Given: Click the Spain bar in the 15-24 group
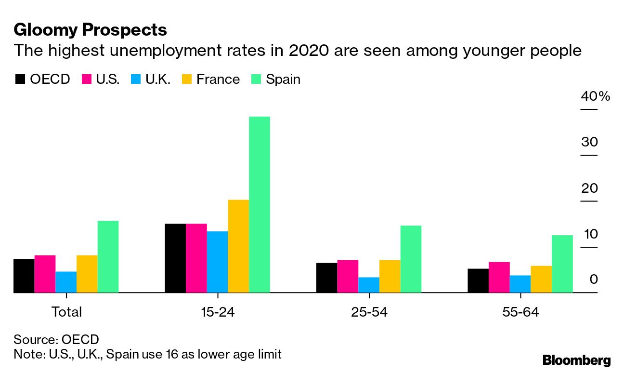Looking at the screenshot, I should click(x=260, y=204).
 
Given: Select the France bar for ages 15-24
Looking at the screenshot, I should click(x=238, y=246).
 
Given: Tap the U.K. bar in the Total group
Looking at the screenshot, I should click(x=66, y=282).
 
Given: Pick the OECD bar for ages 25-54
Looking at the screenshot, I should click(x=326, y=278).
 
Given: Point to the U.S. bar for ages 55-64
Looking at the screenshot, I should click(x=499, y=277).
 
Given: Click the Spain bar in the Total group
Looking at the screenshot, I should click(x=108, y=256).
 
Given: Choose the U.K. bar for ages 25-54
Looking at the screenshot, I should click(x=369, y=285).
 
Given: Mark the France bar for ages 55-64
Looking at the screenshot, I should click(x=541, y=279).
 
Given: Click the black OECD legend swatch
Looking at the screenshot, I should click(x=20, y=79).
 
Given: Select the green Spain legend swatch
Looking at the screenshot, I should click(x=256, y=79).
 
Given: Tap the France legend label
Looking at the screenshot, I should click(x=218, y=79).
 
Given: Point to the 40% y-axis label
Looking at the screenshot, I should click(x=595, y=96).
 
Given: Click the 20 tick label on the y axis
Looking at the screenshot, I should click(x=589, y=188).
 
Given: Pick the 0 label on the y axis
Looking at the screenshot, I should click(x=594, y=280).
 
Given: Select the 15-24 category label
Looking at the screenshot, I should click(x=218, y=312).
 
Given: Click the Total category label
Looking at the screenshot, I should click(x=66, y=312).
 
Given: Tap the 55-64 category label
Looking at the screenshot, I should click(x=520, y=312).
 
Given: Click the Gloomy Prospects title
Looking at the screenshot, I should click(x=91, y=30).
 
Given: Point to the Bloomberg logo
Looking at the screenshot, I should click(x=576, y=360).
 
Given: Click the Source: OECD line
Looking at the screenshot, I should click(x=56, y=339).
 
